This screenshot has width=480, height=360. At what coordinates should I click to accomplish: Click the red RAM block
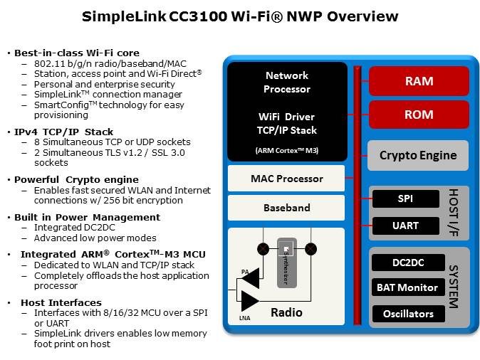click(419, 81)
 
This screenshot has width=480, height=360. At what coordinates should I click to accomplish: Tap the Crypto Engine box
click(418, 156)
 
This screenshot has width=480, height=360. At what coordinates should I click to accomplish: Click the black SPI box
click(406, 199)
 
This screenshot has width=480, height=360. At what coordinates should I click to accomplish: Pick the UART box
click(406, 226)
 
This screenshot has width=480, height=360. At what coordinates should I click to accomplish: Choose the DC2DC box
click(408, 263)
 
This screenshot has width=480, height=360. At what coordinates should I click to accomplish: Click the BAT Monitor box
click(408, 287)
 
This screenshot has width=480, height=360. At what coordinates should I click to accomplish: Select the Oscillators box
click(408, 313)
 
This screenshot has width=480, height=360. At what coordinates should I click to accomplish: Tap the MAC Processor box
click(286, 179)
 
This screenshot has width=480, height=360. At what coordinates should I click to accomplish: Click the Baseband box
click(286, 208)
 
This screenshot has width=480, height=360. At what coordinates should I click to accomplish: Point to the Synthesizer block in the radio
click(286, 263)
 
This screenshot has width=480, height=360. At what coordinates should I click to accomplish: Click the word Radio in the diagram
click(286, 312)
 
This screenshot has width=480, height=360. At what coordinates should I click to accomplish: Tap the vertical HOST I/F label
click(454, 212)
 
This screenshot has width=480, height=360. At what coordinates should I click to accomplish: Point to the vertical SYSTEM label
click(454, 287)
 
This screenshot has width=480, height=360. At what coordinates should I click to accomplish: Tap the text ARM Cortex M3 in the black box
click(286, 150)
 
